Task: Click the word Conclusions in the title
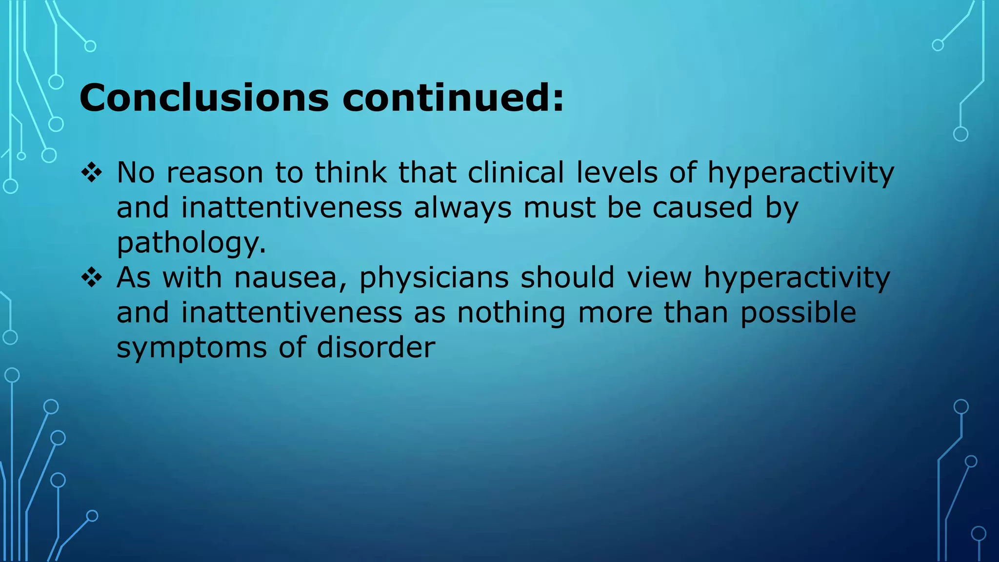(204, 98)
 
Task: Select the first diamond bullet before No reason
(91, 173)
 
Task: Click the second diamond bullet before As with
(91, 278)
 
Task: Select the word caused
(702, 208)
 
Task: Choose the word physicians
(434, 278)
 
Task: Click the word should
(567, 278)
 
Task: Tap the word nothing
(511, 313)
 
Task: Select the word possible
(798, 313)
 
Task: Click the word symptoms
(191, 348)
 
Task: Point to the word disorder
(376, 348)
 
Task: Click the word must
(559, 208)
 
